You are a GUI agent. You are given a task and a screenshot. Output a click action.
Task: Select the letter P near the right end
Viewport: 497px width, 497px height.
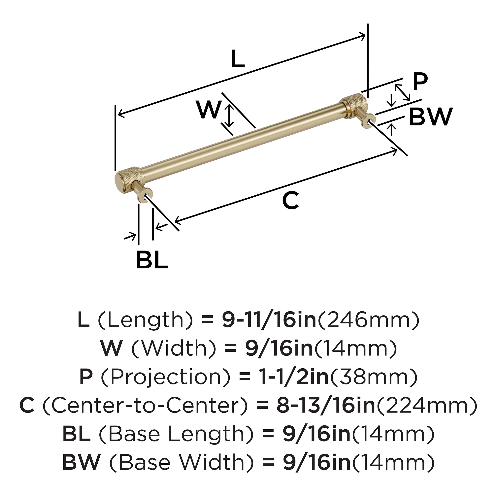click(420, 82)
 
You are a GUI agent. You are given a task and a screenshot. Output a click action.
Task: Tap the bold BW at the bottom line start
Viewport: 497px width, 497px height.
click(81, 462)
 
